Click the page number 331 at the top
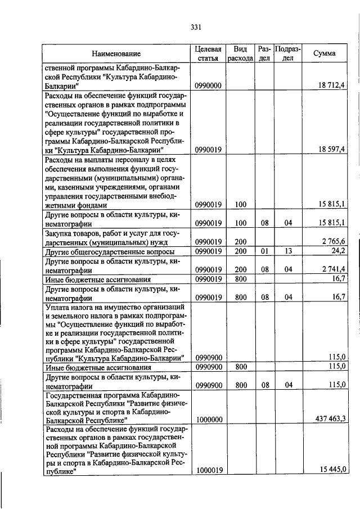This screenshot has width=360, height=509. pyautogui.click(x=196, y=26)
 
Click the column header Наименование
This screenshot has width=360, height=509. pyautogui.click(x=116, y=54)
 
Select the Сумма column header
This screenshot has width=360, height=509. pyautogui.click(x=325, y=53)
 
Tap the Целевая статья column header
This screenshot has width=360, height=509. pyautogui.click(x=209, y=54)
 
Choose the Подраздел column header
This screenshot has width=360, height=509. pyautogui.click(x=288, y=54)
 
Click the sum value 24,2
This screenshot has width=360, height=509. pyautogui.click(x=338, y=250)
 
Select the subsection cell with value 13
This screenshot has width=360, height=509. pyautogui.click(x=288, y=250)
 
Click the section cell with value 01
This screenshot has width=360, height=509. pyautogui.click(x=264, y=250)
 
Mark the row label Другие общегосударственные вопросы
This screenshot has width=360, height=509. pyautogui.click(x=109, y=251)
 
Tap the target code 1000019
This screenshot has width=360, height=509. pyautogui.click(x=209, y=471)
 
